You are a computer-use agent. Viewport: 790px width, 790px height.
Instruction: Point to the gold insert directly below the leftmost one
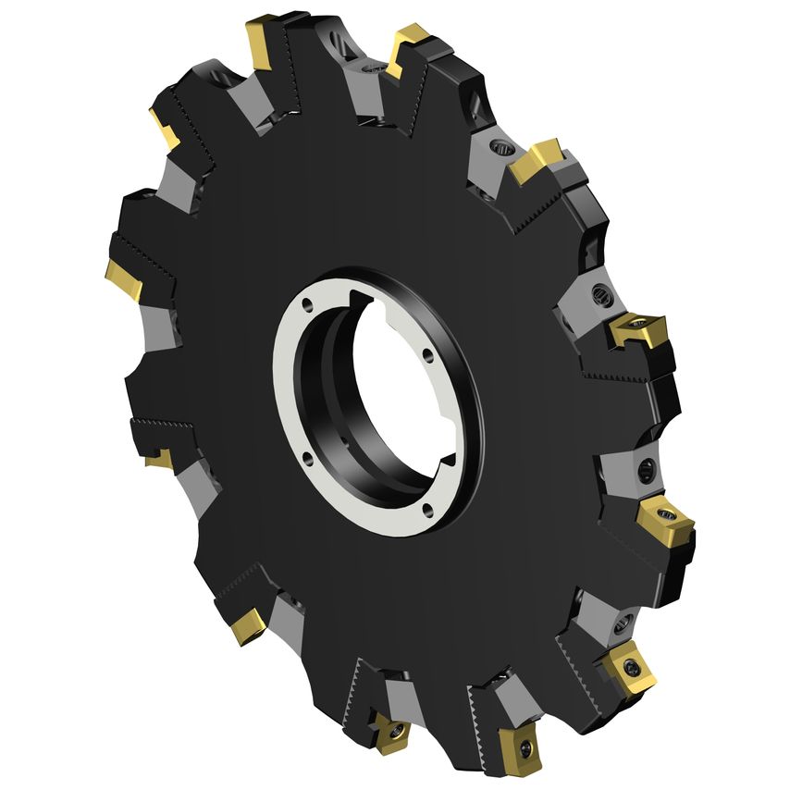(157, 457)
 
